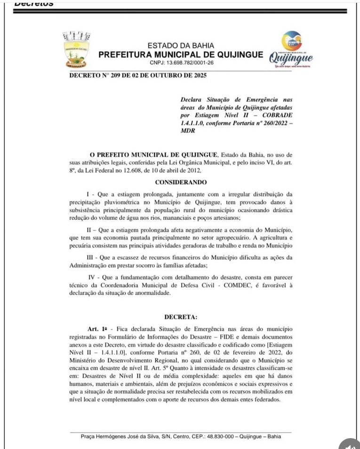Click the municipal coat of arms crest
[76, 49]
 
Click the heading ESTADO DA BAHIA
[181, 46]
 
